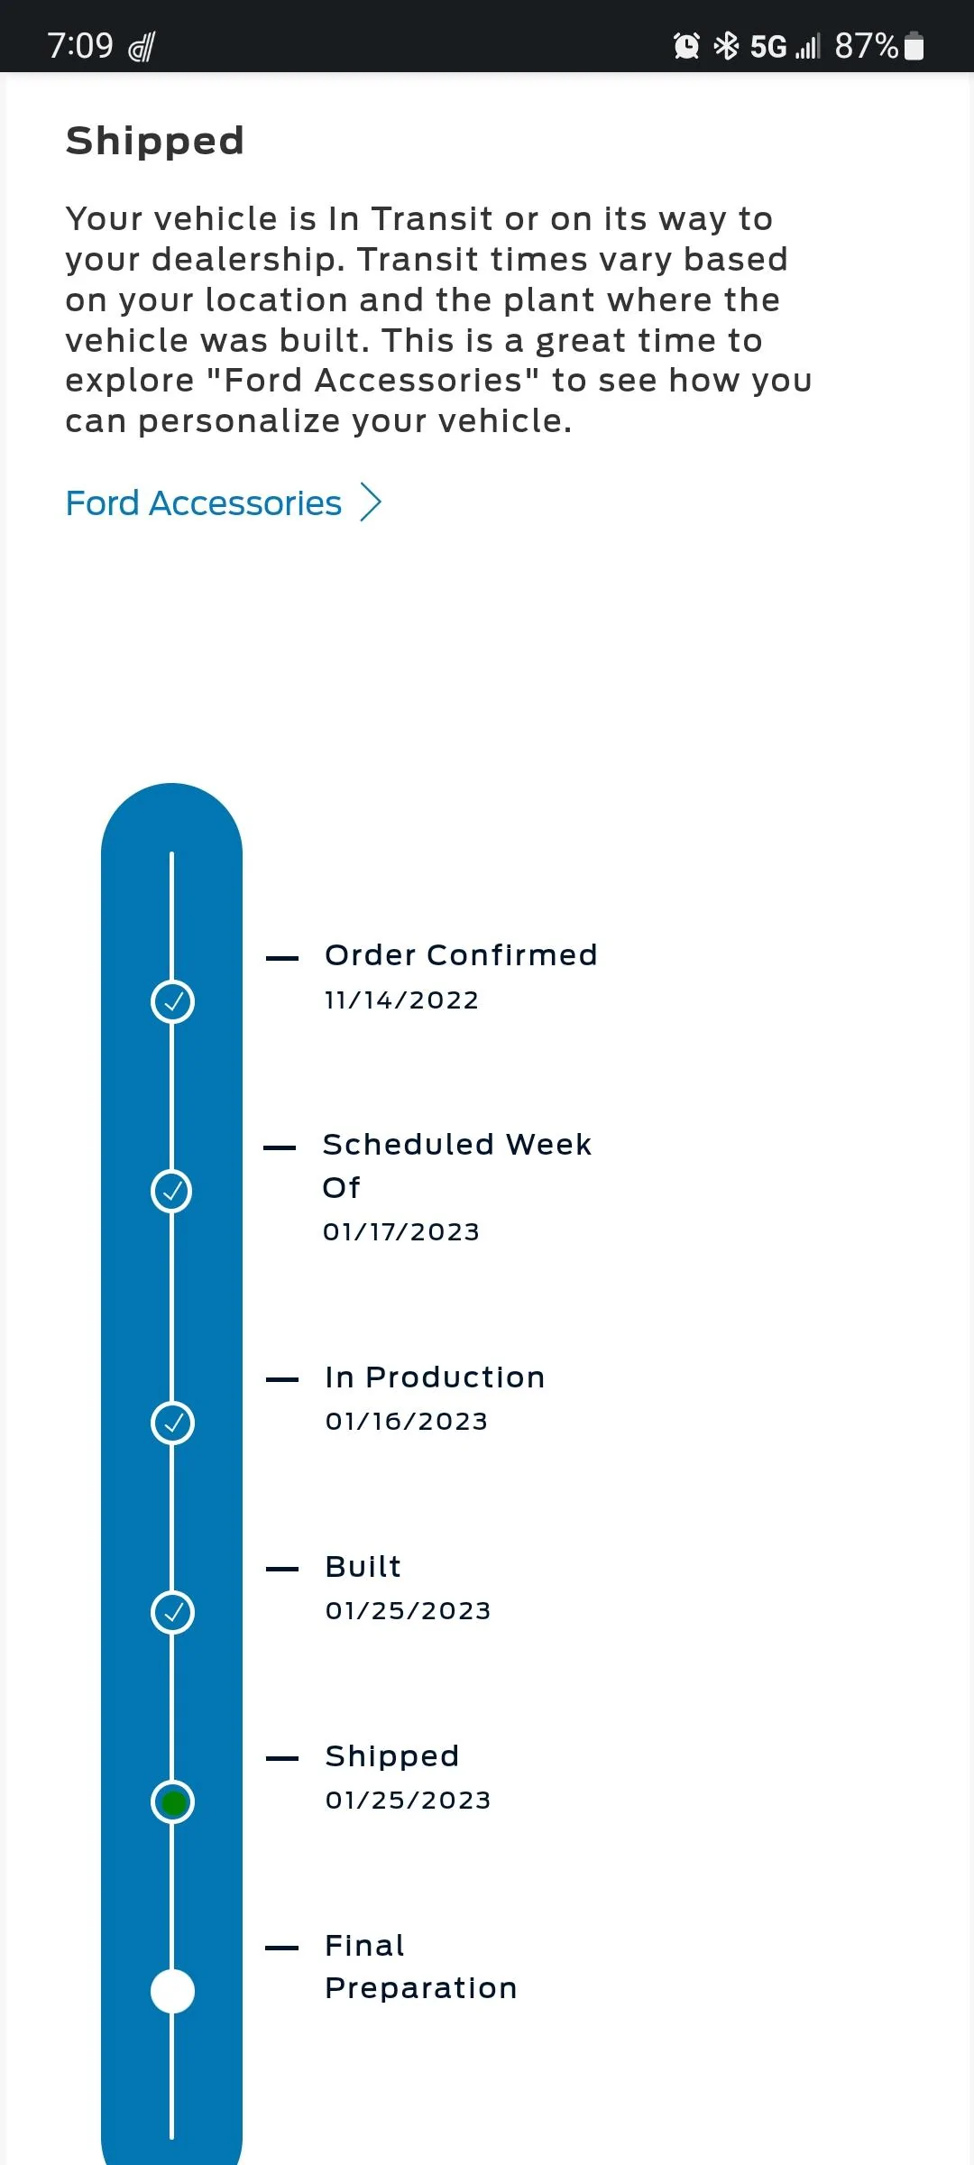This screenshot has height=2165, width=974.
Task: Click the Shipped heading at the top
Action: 155,141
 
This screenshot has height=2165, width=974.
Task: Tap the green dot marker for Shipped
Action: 172,1802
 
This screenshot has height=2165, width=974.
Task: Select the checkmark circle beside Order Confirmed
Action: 172,1001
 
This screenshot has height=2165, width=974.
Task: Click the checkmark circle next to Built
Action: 172,1612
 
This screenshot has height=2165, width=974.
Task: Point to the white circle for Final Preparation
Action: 172,1991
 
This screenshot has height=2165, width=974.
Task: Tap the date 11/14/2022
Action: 401,1000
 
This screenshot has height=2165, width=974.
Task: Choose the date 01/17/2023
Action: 401,1231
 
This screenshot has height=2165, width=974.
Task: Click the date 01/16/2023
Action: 407,1421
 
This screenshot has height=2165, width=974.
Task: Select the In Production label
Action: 435,1377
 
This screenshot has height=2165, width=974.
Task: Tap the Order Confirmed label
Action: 461,954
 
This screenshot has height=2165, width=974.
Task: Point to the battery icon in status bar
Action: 914,45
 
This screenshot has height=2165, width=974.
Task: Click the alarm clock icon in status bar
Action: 686,45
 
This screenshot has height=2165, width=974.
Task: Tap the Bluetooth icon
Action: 726,45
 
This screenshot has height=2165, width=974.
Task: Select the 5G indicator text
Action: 768,46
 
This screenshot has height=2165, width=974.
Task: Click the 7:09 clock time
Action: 80,45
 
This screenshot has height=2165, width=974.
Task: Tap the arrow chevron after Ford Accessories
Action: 371,502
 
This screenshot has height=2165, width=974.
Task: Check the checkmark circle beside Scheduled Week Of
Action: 172,1191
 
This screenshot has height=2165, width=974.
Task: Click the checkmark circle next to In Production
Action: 172,1423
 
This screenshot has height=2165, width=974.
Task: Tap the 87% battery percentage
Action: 866,45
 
